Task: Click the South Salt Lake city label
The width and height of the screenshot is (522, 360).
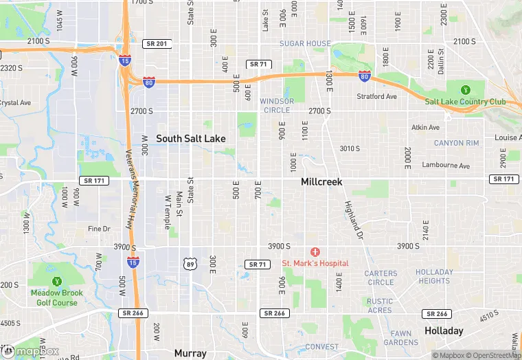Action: pos(190,138)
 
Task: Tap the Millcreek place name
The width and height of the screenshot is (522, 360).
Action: pos(321,182)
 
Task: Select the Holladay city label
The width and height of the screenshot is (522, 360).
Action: pos(443,330)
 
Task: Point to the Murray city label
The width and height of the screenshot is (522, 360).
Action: pos(190,353)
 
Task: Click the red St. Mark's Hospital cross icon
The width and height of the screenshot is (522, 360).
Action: pos(315,253)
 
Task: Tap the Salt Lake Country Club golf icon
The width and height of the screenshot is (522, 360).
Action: pos(465,89)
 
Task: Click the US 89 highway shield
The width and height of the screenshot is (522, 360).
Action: pos(190,263)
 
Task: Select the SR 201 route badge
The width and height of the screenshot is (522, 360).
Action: pos(157,43)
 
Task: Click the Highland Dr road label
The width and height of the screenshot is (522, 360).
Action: pos(352,214)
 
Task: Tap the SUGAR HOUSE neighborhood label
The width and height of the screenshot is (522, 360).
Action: pos(305,43)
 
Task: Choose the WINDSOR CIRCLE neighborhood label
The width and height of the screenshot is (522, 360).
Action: pos(277,105)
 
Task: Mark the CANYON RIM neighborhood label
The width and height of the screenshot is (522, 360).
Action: pos(456,143)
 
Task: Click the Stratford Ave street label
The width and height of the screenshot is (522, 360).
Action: pos(378,96)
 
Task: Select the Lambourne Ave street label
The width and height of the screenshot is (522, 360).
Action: pos(446,166)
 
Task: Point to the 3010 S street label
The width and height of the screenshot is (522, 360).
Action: pos(350,148)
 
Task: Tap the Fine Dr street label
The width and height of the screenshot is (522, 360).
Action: pos(99,229)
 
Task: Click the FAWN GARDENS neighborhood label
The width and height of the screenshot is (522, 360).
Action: pos(401,337)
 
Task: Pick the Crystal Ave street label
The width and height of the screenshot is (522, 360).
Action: pos(15,102)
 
